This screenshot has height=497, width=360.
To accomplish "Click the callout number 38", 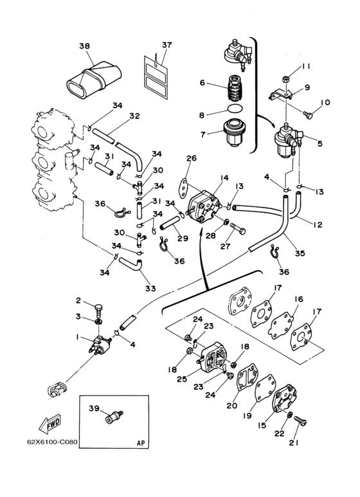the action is point(85,46).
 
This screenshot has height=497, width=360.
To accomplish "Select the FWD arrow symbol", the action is point(50,423).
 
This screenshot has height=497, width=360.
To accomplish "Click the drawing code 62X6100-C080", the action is point(52,442).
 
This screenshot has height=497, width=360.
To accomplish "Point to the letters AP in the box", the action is point(141,443).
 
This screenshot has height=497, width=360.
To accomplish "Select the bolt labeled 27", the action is point(238,228).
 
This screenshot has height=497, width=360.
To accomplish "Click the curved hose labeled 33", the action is point(130,264).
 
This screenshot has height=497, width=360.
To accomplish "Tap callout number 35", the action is point(300,253).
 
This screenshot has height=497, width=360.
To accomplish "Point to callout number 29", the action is point(183,239).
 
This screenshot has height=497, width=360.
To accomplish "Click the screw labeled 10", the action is point(307,114).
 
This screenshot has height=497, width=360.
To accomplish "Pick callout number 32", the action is point(134,116).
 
